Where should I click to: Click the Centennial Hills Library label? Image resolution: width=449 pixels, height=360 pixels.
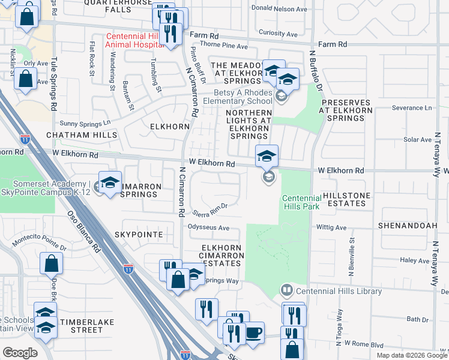[x=339, y=292]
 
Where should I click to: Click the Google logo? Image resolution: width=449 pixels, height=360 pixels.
[x=20, y=352]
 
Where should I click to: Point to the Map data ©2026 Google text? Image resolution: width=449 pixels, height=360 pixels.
[x=412, y=355]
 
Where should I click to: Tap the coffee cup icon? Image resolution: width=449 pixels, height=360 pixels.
[x=253, y=333]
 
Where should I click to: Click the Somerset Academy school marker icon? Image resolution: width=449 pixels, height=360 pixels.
[x=110, y=184]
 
